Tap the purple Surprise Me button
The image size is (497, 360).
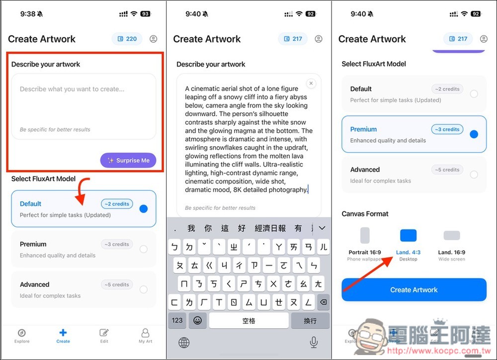pyautogui.click(x=128, y=161)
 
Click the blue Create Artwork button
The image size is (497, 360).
pyautogui.click(x=414, y=290)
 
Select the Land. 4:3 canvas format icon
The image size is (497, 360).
pyautogui.click(x=408, y=236)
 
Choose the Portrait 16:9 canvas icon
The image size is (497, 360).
pyautogui.click(x=365, y=236)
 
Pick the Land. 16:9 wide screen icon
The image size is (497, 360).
pyautogui.click(x=451, y=236)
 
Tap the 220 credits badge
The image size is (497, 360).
pyautogui.click(x=127, y=39)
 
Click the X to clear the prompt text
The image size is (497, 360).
pyautogui.click(x=311, y=84)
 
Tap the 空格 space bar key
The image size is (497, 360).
pyautogui.click(x=248, y=321)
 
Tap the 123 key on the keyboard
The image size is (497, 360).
pyautogui.click(x=177, y=321)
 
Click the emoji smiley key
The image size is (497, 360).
pyautogui.click(x=197, y=321)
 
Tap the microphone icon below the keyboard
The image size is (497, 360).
pyautogui.click(x=314, y=342)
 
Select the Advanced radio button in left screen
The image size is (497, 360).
pyautogui.click(x=144, y=289)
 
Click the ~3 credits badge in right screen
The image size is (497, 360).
pyautogui.click(x=447, y=129)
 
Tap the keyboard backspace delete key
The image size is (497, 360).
pyautogui.click(x=323, y=302)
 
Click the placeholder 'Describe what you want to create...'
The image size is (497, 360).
pyautogui.click(x=72, y=90)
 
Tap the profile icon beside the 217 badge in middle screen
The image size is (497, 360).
pyautogui.click(x=319, y=39)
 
